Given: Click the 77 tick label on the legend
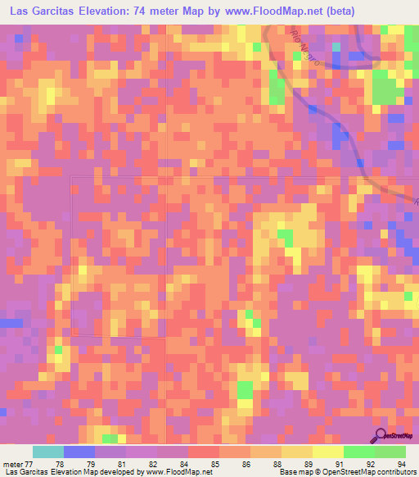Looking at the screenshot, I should pyautogui.click(x=32, y=464).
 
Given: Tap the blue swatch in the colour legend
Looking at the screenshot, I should pyautogui.click(x=79, y=452).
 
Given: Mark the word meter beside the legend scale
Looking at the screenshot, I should pyautogui.click(x=12, y=464).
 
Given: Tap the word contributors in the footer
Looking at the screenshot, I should pyautogui.click(x=396, y=473).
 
